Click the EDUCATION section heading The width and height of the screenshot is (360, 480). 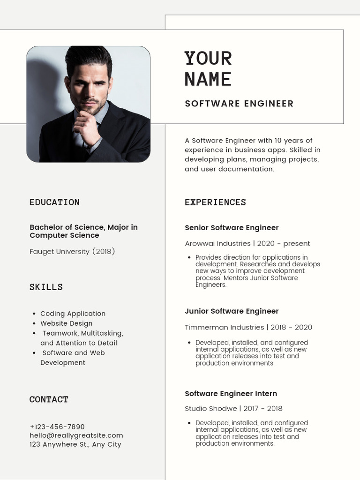(54, 202)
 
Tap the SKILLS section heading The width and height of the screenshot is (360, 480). (46, 287)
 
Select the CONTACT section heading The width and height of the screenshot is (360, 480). (49, 399)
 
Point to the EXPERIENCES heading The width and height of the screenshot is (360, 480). (215, 202)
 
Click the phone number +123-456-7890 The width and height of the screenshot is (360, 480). (57, 427)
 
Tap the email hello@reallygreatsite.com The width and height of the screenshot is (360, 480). (76, 435)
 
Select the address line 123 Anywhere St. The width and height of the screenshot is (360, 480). (75, 444)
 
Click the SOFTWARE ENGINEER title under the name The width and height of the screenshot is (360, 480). (239, 104)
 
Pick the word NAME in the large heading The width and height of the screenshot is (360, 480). (208, 79)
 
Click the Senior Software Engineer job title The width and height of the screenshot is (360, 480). (232, 228)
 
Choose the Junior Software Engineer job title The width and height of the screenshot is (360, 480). (232, 311)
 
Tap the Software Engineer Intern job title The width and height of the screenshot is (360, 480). (231, 394)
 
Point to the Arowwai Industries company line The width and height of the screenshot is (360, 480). (247, 243)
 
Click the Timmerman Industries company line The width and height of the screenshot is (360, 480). (248, 327)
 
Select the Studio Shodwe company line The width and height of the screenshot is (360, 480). (233, 408)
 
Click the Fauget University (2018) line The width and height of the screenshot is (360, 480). (72, 251)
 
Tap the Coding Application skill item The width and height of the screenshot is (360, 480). (73, 314)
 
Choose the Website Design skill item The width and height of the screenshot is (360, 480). (66, 323)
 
